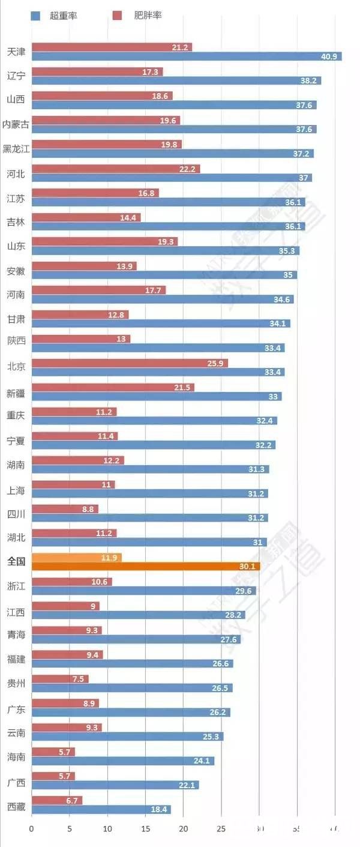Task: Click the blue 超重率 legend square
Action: click(x=35, y=16)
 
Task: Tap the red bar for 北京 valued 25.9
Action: click(x=129, y=363)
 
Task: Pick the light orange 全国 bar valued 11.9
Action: click(x=76, y=558)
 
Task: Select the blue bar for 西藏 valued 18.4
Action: click(x=101, y=809)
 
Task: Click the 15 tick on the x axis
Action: click(x=145, y=829)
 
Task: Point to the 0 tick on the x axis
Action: click(x=32, y=829)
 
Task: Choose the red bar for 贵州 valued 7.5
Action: click(x=60, y=679)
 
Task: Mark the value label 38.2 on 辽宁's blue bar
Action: click(x=308, y=81)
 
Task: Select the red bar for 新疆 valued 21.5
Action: click(x=113, y=388)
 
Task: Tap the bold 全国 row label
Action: click(x=16, y=562)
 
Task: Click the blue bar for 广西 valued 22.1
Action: click(x=115, y=785)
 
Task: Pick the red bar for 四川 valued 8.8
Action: click(x=65, y=509)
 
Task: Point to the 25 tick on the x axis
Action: click(x=221, y=829)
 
